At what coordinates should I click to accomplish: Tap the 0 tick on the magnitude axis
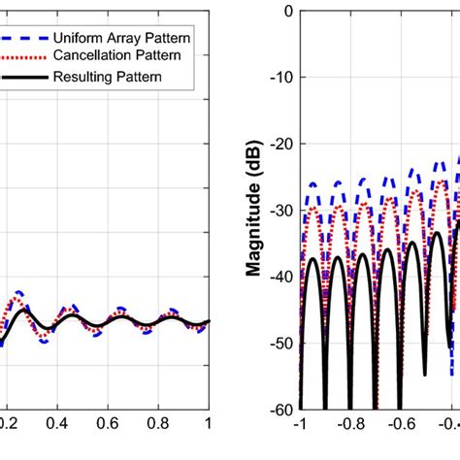click(x=287, y=12)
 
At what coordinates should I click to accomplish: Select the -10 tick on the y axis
click(x=280, y=78)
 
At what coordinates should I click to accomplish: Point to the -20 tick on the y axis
click(x=280, y=144)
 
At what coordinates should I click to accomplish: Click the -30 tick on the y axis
click(x=280, y=210)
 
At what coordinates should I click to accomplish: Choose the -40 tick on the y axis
click(x=280, y=276)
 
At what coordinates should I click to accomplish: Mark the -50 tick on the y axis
click(x=280, y=342)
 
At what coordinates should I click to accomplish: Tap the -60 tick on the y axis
click(x=280, y=408)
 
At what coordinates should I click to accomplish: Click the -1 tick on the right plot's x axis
click(x=299, y=424)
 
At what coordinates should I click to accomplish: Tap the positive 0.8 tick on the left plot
click(x=157, y=424)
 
